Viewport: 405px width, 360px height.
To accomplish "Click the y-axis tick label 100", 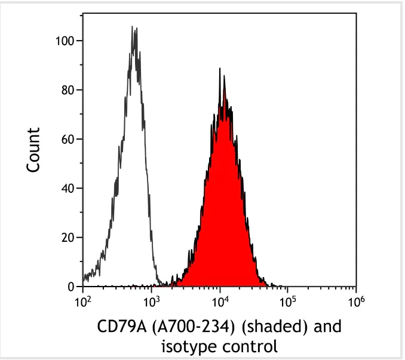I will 65,41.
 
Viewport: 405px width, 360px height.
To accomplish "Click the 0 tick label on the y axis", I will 70,287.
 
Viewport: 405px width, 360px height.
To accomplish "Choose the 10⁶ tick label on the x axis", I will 356,301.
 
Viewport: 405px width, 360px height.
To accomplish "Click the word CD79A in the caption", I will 117,328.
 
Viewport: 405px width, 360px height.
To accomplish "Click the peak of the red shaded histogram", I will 221,69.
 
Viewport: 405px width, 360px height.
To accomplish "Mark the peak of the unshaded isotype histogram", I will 133,27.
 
